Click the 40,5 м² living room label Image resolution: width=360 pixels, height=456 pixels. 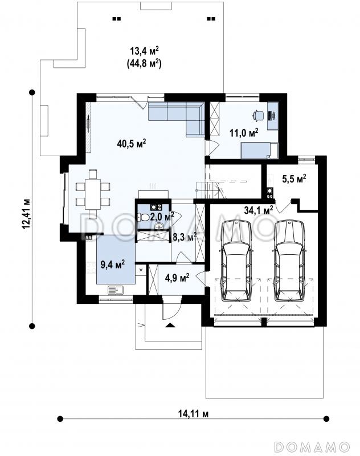coord(132,144)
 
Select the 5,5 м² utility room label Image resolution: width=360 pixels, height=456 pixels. coord(294,178)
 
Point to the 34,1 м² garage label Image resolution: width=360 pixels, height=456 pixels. coord(258,210)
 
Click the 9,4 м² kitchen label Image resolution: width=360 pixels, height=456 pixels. coord(113,264)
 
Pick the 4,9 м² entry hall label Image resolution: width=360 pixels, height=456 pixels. coord(177,278)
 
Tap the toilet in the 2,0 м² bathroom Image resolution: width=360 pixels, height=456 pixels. coord(144,217)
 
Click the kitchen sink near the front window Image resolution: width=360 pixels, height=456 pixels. coord(116,290)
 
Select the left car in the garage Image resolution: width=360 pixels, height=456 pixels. coord(236,261)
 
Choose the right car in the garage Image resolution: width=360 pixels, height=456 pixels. coord(290,261)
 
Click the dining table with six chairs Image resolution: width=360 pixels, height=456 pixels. coord(93,194)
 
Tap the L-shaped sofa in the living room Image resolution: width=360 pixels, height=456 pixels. coord(177,119)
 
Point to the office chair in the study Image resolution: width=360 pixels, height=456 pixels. coord(257,115)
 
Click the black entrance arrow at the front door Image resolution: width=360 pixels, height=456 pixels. coord(170,325)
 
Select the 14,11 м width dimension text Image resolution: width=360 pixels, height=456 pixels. coord(193,414)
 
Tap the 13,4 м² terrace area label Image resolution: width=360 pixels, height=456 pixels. coord(144,51)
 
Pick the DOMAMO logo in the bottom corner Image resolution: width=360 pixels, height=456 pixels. coord(312,446)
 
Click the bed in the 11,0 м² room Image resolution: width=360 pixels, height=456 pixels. coord(259,150)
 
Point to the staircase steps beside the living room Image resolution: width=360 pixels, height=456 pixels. coord(207,190)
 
